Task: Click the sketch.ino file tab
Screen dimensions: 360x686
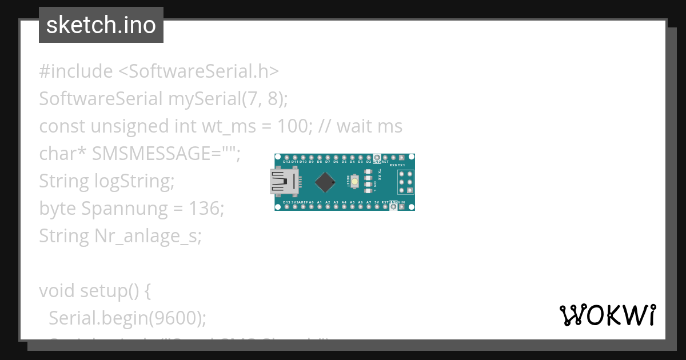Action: pos(101,25)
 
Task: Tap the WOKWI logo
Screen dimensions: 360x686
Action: pos(607,315)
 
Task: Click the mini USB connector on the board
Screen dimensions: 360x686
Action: pos(284,182)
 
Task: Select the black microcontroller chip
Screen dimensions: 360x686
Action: pos(325,182)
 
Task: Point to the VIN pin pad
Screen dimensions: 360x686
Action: pos(402,207)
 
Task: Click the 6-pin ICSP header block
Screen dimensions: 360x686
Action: pos(405,182)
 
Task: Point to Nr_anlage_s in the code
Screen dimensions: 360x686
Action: pos(146,236)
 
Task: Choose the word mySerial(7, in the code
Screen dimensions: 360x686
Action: pos(215,99)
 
